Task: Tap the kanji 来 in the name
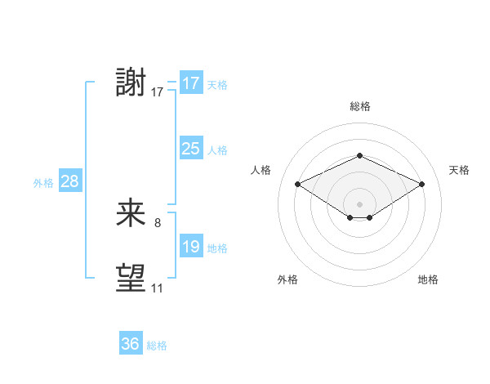pyautogui.click(x=131, y=213)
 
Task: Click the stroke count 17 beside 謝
pyautogui.click(x=158, y=92)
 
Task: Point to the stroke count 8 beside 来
pyautogui.click(x=158, y=222)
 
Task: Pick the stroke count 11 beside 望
pyautogui.click(x=157, y=288)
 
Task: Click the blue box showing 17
pyautogui.click(x=190, y=83)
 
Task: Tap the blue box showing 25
pyautogui.click(x=190, y=149)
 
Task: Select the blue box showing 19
pyautogui.click(x=190, y=247)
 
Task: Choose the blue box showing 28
pyautogui.click(x=69, y=181)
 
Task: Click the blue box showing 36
pyautogui.click(x=130, y=344)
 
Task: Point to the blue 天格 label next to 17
pyautogui.click(x=216, y=85)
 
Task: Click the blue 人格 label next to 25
pyautogui.click(x=216, y=150)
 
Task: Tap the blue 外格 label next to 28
pyautogui.click(x=43, y=183)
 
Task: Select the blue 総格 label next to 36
pyautogui.click(x=157, y=346)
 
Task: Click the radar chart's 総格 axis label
pyautogui.click(x=359, y=106)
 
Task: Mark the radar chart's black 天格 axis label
pyautogui.click(x=459, y=170)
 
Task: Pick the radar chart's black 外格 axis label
pyautogui.click(x=287, y=279)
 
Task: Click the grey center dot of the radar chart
pyautogui.click(x=359, y=203)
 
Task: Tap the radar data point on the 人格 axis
pyautogui.click(x=298, y=185)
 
